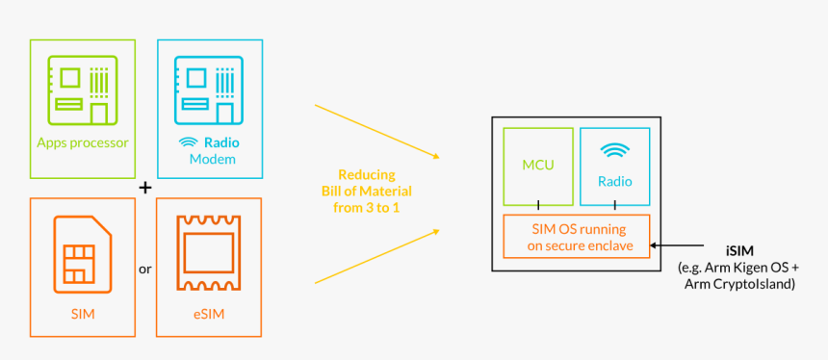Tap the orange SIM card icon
coord(83,251)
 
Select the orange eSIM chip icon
coord(208,251)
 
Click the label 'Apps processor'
coord(83,142)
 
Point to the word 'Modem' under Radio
coord(212,159)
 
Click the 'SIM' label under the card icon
coord(83,314)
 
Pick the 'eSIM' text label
coord(208,314)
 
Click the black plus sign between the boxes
coord(145,188)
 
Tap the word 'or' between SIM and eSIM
coord(145,269)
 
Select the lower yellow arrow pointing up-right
coord(376,256)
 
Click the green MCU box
coord(537,166)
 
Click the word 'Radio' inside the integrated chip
coord(614,180)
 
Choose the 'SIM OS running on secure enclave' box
coord(577,237)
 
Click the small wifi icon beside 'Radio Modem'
coord(189,142)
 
